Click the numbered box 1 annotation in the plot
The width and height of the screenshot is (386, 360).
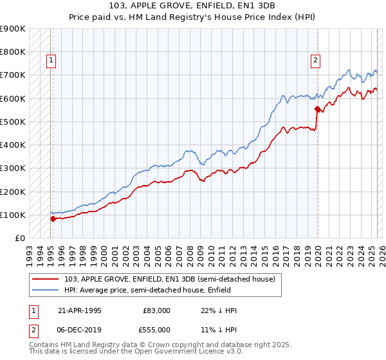51,61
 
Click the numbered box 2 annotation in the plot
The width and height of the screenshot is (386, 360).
316,61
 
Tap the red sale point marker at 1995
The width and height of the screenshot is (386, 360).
53,219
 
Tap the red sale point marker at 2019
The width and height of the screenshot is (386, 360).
317,109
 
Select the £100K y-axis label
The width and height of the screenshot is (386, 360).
13,215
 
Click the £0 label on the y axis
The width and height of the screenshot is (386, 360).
19,238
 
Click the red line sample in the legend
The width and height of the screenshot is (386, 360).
46,279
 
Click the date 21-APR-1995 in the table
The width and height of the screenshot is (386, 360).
80,310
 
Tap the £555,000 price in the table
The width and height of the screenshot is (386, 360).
157,328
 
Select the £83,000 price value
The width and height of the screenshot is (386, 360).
157,310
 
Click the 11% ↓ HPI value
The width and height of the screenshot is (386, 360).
219,328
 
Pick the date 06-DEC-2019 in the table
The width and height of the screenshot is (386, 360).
80,328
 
